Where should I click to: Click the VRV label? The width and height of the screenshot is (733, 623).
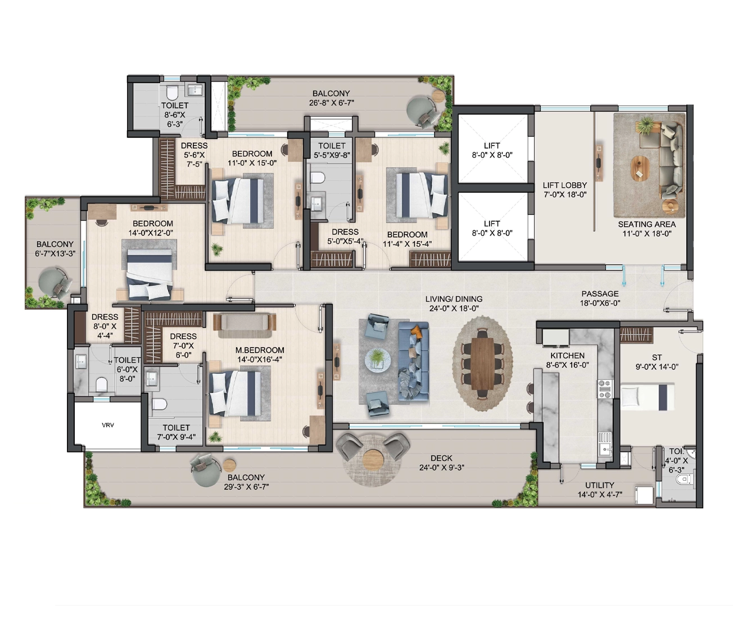(108, 425)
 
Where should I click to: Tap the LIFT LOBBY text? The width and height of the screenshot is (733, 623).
(565, 185)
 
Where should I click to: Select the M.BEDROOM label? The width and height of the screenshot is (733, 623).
(260, 350)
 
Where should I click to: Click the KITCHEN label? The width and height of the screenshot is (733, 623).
(567, 355)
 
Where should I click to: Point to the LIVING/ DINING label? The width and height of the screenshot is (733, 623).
(454, 299)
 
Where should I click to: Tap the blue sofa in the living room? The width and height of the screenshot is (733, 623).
(414, 361)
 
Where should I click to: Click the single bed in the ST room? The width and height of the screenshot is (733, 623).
(647, 396)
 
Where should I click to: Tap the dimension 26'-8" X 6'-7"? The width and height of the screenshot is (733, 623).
(331, 103)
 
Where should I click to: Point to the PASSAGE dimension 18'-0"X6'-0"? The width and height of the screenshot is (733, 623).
(600, 303)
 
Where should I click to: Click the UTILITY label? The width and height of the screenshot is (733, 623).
(600, 485)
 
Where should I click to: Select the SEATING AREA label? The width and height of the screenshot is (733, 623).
(647, 224)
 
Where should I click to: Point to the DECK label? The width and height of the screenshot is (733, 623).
(441, 458)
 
